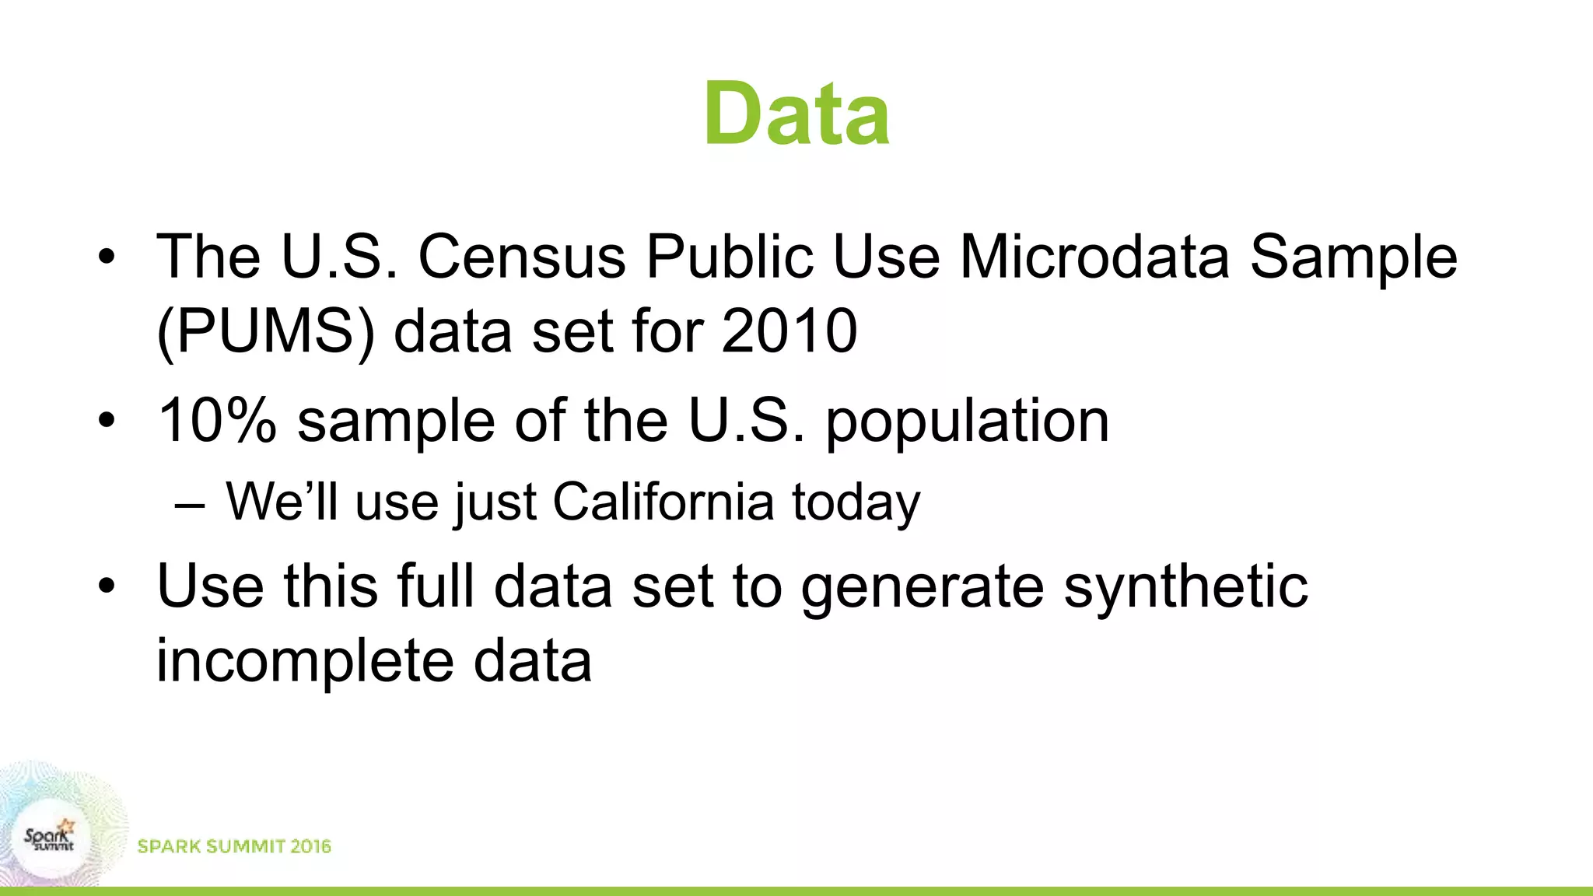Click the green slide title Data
point(796,114)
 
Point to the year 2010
point(789,331)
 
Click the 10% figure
point(217,420)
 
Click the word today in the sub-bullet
point(856,503)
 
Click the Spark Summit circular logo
point(49,838)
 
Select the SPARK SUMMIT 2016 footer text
point(234,846)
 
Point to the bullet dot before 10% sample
point(107,421)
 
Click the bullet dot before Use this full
point(107,586)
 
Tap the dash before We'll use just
point(191,505)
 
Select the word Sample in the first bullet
point(1353,257)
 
